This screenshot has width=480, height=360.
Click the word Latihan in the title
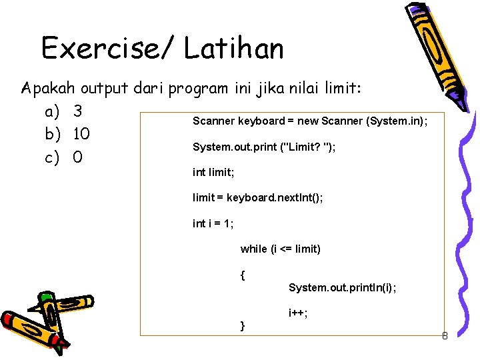click(234, 49)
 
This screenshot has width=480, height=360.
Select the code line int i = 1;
click(213, 224)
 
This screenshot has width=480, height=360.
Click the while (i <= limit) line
click(280, 249)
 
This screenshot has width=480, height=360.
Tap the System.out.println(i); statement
click(342, 287)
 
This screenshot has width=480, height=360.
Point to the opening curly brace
click(243, 274)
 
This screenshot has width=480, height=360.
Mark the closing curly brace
click(243, 325)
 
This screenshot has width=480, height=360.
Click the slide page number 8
click(444, 336)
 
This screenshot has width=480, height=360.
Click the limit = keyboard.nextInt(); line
click(257, 198)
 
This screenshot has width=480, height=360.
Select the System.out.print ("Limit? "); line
click(264, 147)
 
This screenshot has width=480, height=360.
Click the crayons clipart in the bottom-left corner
click(37, 323)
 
